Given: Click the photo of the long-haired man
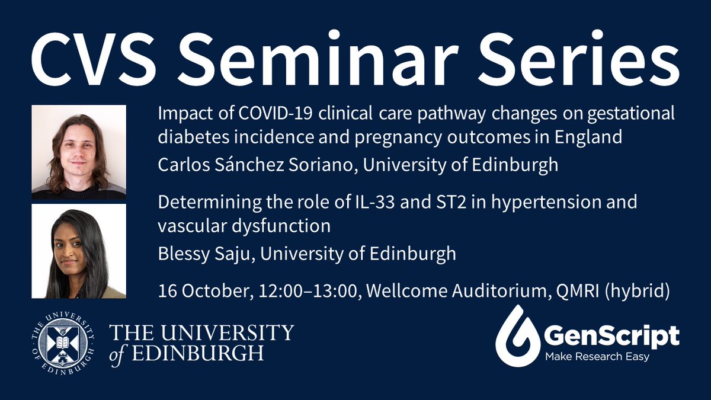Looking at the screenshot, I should pos(79,152).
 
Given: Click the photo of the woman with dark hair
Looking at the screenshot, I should pos(79,251).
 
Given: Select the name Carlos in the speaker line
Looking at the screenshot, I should pos(180,164).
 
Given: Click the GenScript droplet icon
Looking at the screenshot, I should pos(513,337).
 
